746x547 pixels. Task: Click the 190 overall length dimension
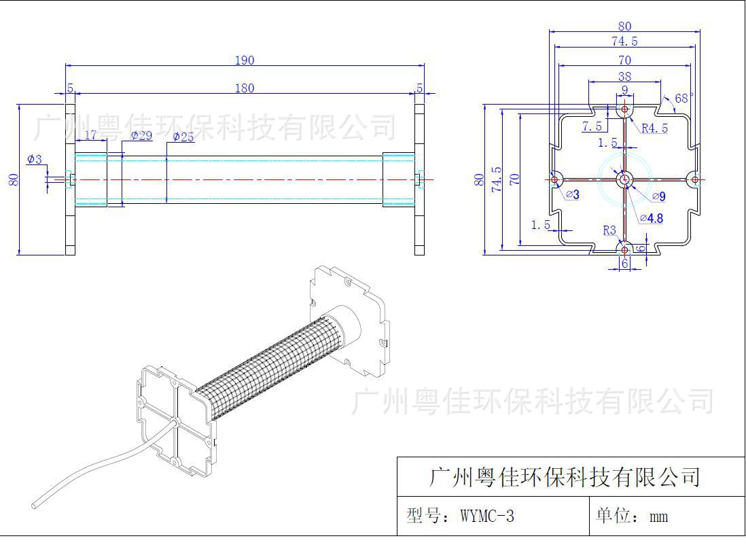[244, 60]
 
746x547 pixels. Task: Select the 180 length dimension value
[244, 88]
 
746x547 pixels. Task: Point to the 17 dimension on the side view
[90, 135]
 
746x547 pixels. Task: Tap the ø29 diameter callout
[141, 136]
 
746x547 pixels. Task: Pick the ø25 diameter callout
[183, 137]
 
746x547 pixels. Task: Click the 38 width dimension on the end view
[624, 77]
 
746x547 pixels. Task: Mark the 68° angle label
[684, 99]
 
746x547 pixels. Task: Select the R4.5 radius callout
[654, 128]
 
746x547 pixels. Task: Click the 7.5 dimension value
[592, 127]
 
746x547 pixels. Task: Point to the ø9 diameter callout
[658, 196]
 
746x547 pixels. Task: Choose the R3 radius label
[609, 230]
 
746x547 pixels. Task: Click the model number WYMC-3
[486, 516]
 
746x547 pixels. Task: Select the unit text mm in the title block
[658, 517]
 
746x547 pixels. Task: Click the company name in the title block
[565, 477]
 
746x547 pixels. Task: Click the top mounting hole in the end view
[624, 109]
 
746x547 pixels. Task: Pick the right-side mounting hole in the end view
[694, 179]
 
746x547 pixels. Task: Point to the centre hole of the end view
[624, 179]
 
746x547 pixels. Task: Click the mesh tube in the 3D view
[265, 367]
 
